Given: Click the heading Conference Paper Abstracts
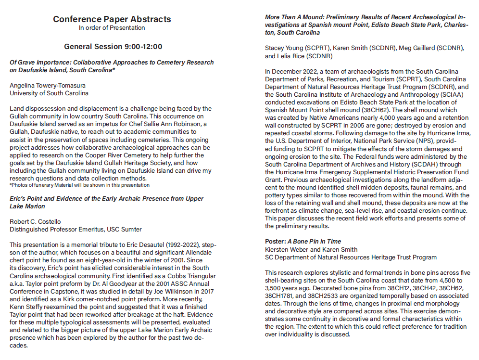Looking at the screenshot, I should click(x=112, y=19).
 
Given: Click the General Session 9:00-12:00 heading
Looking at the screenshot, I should click(x=113, y=47).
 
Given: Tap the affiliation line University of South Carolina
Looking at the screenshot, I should click(x=49, y=93).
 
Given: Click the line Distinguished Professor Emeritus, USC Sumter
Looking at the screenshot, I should click(x=76, y=229).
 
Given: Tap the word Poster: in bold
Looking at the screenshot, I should click(x=276, y=242).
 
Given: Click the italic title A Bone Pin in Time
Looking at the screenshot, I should click(x=314, y=242).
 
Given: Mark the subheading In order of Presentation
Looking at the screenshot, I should click(x=112, y=28).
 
